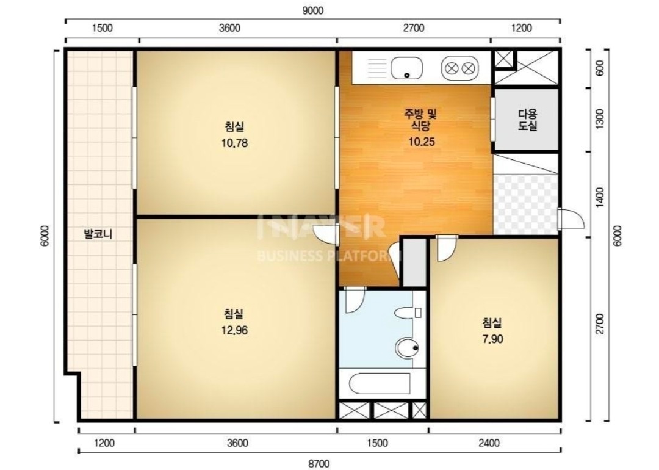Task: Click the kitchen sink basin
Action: point(406,68)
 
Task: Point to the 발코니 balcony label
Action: point(98,234)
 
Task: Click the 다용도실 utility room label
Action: point(528,120)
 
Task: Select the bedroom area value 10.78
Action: point(234,143)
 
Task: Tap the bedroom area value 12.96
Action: point(234,330)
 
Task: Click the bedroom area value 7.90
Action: point(492,339)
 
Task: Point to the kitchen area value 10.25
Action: point(422,142)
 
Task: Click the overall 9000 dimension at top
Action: point(313,11)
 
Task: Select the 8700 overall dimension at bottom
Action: point(319,464)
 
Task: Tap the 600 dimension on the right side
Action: point(600,68)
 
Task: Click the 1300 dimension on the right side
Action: point(600,119)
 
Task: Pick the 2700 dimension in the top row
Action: point(414,28)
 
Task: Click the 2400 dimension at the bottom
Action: point(489,443)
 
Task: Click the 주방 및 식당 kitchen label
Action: point(420,120)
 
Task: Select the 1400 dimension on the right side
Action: point(600,197)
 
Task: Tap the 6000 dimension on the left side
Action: point(45,236)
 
